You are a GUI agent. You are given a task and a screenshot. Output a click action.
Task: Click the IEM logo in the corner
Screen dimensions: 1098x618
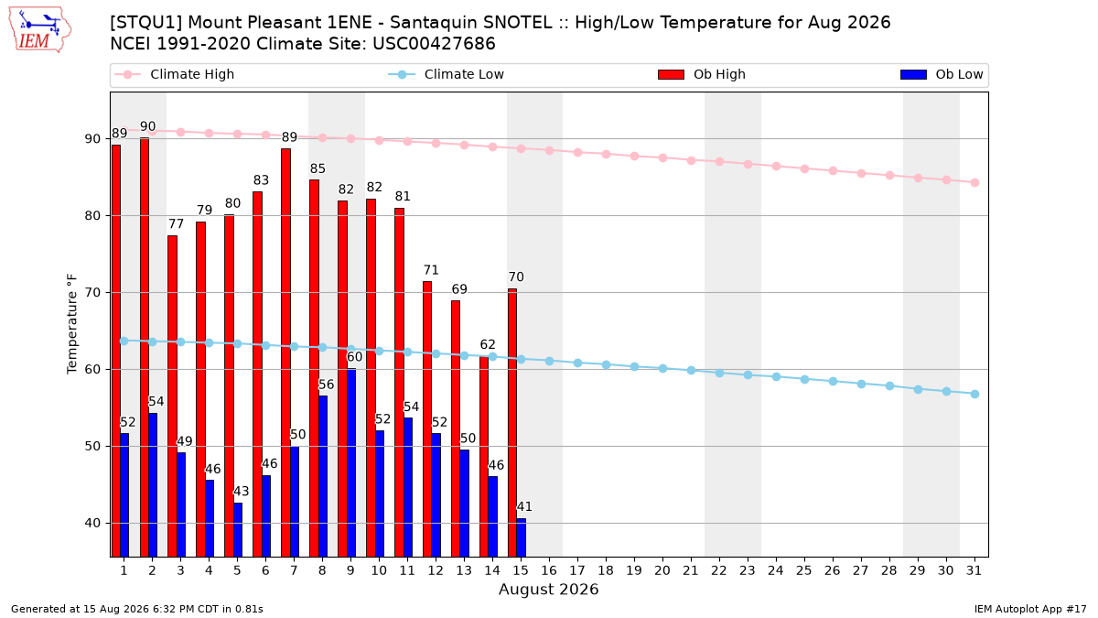click(40, 30)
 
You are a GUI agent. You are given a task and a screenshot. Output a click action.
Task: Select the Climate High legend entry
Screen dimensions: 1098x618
click(174, 74)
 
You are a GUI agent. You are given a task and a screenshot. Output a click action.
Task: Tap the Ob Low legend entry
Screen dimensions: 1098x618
click(942, 74)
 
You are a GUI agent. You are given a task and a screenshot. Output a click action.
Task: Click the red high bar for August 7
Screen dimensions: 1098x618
click(285, 352)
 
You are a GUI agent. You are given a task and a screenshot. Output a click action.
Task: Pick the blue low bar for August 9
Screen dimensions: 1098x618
click(351, 463)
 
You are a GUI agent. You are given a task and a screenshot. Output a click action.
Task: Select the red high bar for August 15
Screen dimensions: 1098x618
click(512, 423)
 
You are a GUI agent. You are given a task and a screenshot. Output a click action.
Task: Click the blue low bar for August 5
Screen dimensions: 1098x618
click(238, 530)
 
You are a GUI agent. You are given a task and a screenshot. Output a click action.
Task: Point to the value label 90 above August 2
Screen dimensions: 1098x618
click(147, 126)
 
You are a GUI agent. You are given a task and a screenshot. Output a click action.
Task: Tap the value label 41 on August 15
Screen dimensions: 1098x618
click(524, 506)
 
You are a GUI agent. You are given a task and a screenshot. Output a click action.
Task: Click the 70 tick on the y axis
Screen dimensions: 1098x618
click(92, 293)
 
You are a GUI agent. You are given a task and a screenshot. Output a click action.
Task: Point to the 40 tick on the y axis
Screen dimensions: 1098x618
click(92, 524)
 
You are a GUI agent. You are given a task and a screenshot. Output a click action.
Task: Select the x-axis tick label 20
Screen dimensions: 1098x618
click(662, 570)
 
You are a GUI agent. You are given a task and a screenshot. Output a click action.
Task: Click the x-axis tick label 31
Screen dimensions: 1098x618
click(974, 570)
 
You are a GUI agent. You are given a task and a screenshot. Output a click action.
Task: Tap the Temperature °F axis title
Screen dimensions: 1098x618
click(72, 324)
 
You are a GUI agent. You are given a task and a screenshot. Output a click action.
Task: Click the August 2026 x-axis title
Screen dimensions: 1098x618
click(549, 589)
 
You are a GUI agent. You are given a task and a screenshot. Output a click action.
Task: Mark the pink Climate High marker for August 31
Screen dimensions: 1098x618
click(975, 182)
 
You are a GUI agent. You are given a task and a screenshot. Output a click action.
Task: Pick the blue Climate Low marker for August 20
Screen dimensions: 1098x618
click(662, 368)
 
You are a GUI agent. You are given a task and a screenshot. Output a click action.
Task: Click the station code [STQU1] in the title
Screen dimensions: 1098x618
click(146, 23)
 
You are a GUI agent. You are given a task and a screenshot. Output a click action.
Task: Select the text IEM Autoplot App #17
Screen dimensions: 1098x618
click(1030, 609)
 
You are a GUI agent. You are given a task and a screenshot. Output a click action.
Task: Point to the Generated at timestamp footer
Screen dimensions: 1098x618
click(137, 609)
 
